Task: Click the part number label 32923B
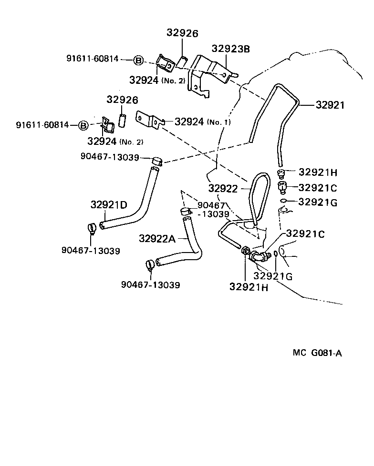[231, 49]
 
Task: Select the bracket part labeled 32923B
[211, 71]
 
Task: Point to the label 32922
[222, 189]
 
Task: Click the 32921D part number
[109, 205]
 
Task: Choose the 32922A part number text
[157, 238]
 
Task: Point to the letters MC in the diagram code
[299, 353]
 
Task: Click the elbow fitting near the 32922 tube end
[258, 256]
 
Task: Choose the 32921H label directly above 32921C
[318, 172]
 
